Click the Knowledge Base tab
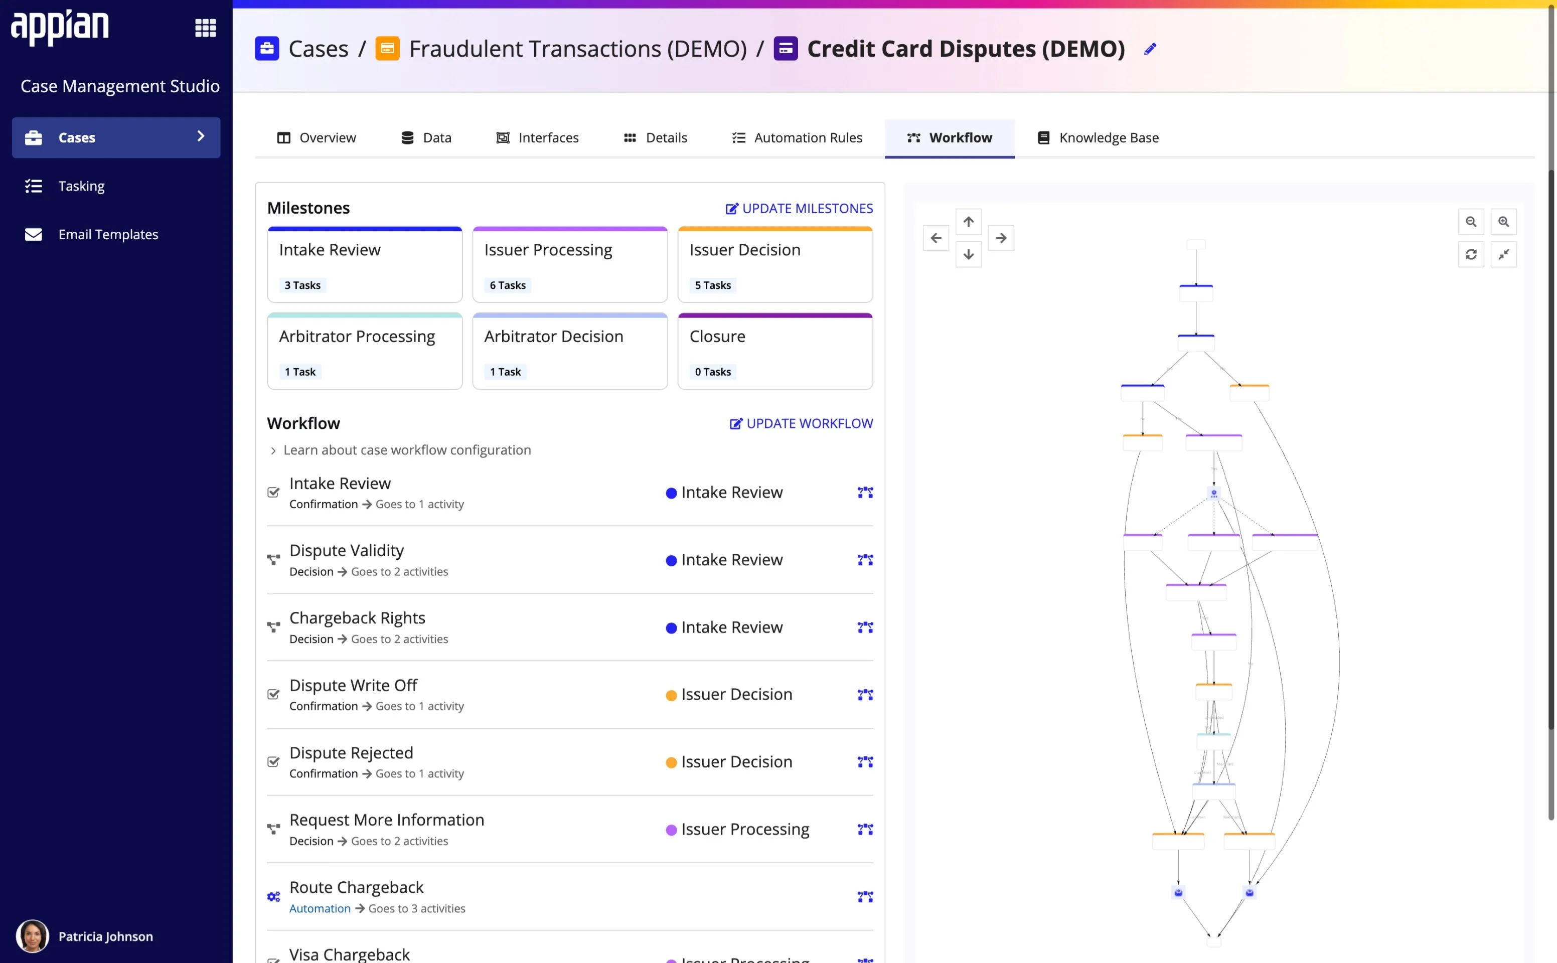click(x=1098, y=137)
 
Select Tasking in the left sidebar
click(x=81, y=186)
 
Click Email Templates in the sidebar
click(x=108, y=234)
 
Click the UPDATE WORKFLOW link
click(x=801, y=423)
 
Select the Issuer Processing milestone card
click(x=569, y=264)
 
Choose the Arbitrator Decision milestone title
click(x=553, y=336)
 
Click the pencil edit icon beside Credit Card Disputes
click(x=1150, y=49)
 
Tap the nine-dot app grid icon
click(x=205, y=28)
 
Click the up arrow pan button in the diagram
click(x=968, y=222)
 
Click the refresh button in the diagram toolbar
click(x=1470, y=255)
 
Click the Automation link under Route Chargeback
click(x=320, y=908)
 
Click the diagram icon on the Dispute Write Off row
click(x=865, y=695)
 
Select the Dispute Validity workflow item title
click(x=347, y=550)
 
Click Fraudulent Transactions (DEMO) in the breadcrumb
click(x=577, y=49)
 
